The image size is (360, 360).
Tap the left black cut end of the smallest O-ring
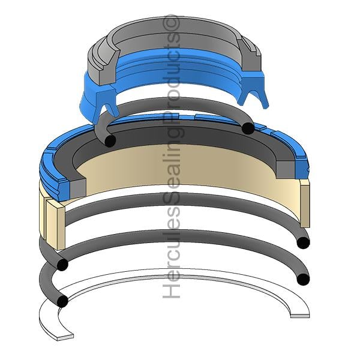pos(110,140)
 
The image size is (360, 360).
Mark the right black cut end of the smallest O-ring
pos(248,128)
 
